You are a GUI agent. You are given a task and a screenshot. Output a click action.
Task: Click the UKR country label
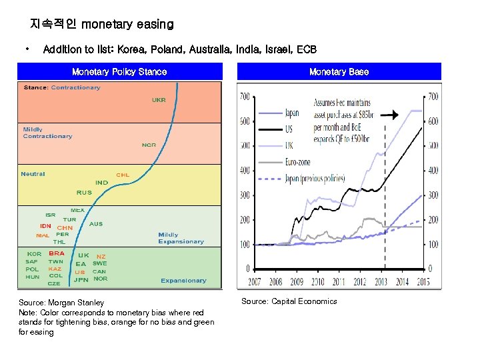[x=159, y=100]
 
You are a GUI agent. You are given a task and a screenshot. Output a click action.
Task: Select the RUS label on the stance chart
[x=84, y=193]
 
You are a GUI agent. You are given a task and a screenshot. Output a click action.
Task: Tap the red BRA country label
[x=57, y=253]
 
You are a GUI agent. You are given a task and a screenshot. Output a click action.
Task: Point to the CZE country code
[x=54, y=283]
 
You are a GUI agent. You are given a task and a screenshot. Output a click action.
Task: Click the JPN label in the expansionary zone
[x=81, y=279]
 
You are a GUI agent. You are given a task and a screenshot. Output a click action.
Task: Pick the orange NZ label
[x=101, y=256]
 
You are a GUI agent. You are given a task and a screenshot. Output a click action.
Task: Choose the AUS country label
[x=96, y=224]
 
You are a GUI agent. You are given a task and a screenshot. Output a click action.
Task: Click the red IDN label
[x=45, y=226]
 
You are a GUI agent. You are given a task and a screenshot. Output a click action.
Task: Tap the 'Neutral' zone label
[x=33, y=174]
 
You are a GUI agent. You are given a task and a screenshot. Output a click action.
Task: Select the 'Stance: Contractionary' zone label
[x=62, y=87]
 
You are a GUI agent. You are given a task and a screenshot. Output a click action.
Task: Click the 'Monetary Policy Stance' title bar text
[x=119, y=71]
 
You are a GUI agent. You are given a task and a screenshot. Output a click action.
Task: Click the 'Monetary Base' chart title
[x=339, y=71]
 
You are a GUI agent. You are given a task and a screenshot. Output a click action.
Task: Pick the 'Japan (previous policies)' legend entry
[x=313, y=179]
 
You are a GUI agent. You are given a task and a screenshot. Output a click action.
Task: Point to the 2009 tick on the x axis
[x=296, y=282]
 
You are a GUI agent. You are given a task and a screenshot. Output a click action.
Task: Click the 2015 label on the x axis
[x=421, y=282]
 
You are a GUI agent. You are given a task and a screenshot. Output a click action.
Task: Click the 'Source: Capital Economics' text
[x=289, y=301]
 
